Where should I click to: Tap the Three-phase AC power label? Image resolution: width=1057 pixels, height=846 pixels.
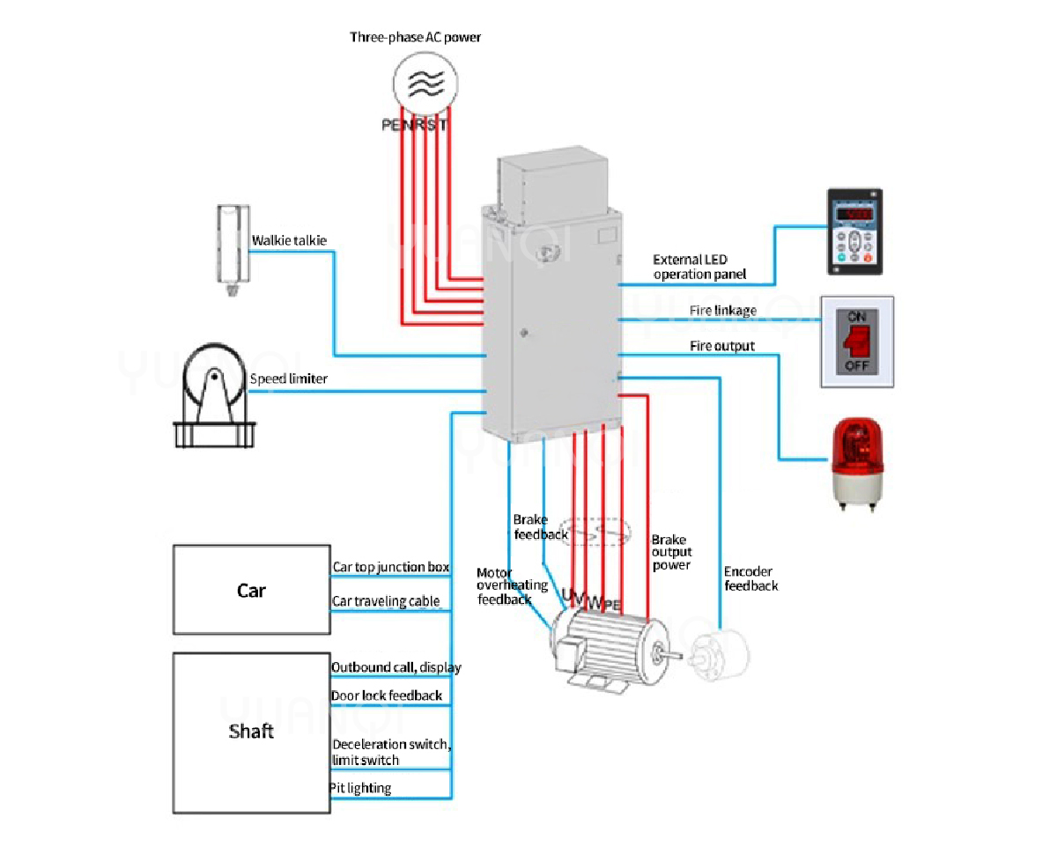coord(416,37)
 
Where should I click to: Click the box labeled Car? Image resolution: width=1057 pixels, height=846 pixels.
coord(251,590)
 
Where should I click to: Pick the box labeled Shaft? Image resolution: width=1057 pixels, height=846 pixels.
coord(251,732)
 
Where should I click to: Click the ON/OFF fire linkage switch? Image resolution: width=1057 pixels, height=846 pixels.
coord(857,342)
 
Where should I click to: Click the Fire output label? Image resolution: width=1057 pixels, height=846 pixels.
coord(721,346)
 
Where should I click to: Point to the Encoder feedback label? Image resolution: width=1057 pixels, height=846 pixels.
coord(750,578)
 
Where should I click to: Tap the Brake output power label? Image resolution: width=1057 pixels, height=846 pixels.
coord(671,552)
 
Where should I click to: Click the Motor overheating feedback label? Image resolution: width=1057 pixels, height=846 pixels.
coord(512,586)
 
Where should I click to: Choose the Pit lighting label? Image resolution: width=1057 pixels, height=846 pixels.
coord(360,788)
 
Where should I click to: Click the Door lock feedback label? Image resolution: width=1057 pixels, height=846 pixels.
coord(387,695)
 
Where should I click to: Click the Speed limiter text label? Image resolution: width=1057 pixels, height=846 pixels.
coord(289,379)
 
